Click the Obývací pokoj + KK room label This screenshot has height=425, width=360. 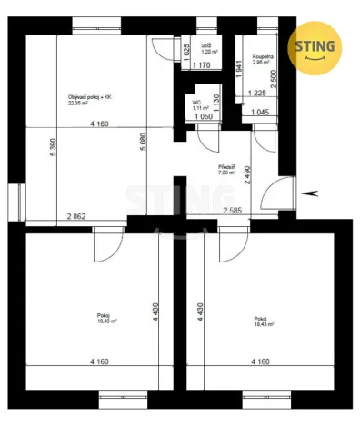pyautogui.click(x=90, y=97)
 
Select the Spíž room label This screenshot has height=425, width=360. pyautogui.click(x=194, y=44)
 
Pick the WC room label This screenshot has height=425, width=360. pyautogui.click(x=197, y=103)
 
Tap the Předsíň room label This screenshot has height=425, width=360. pyautogui.click(x=227, y=167)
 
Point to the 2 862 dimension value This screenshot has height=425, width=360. pyautogui.click(x=76, y=216)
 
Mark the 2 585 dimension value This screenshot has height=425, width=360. pyautogui.click(x=234, y=210)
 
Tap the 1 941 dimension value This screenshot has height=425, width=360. pyautogui.click(x=238, y=68)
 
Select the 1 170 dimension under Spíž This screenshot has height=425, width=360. pyautogui.click(x=201, y=65)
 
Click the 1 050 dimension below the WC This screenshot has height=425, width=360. pyautogui.click(x=201, y=118)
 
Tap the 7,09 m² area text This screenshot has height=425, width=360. pyautogui.click(x=226, y=173)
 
